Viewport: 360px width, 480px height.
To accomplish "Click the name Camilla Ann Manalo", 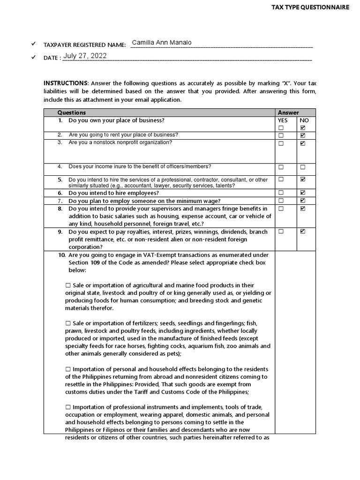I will (162, 43).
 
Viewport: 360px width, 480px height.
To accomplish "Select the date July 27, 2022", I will (85, 56).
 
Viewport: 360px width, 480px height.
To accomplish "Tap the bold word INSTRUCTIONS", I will (65, 83).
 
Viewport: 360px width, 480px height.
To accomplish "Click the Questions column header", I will (71, 112).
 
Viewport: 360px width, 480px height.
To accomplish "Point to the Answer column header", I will (288, 112).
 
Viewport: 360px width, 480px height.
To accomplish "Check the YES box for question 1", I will (281, 128).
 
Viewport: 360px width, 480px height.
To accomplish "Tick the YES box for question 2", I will (281, 135).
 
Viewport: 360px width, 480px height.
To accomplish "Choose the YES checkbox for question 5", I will (281, 179).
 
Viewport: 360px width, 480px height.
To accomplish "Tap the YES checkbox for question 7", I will (281, 201).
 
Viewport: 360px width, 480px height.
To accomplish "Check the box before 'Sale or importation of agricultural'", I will (68, 285).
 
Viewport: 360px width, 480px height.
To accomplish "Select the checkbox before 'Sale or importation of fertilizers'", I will (68, 323).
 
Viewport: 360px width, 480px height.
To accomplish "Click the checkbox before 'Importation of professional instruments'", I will (68, 407).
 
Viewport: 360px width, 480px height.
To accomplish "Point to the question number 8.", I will (60, 209).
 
